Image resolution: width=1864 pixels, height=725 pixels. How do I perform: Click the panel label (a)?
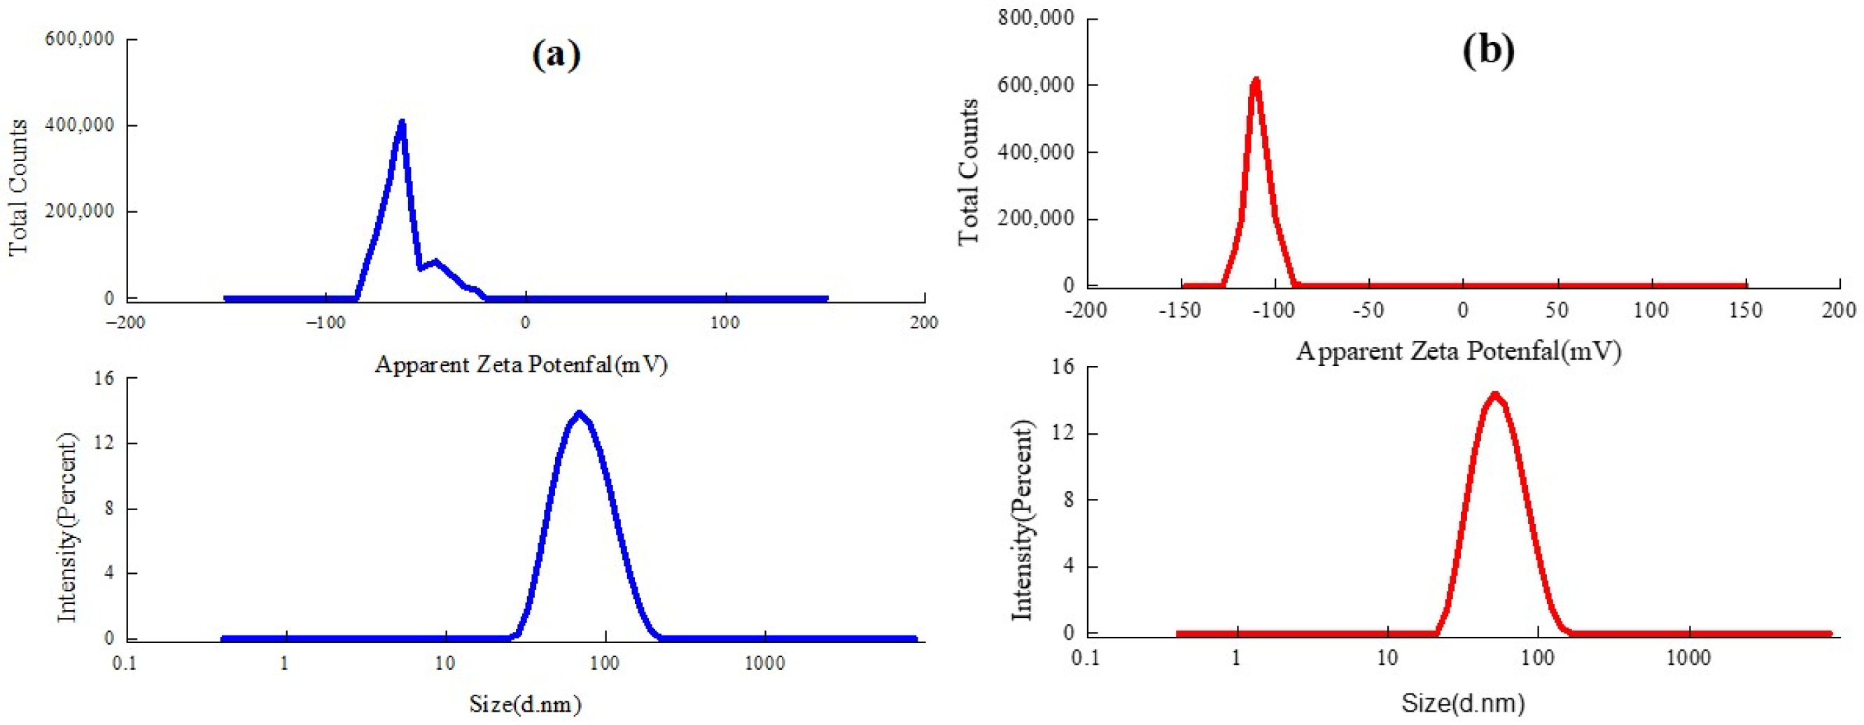556,54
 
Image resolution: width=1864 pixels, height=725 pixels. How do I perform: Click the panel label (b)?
1488,50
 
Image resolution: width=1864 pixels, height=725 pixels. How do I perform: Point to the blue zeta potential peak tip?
402,124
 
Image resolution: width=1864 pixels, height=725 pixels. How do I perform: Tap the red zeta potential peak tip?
1256,80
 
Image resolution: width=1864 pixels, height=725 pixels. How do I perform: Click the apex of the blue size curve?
578,414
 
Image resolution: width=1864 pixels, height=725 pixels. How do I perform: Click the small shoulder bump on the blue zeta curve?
435,262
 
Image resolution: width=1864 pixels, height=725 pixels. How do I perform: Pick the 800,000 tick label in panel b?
1035,17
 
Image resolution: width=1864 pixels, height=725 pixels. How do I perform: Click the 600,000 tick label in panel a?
80,38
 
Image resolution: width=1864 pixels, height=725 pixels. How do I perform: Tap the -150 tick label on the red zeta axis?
1179,311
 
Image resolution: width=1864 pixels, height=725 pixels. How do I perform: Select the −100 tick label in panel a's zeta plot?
325,323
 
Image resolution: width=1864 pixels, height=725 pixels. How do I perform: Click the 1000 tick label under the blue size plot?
764,663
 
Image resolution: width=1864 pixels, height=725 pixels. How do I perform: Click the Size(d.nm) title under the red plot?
1462,703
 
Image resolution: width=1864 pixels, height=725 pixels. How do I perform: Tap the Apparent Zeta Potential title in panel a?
520,364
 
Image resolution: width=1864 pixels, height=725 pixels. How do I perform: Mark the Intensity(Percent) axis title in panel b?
1021,521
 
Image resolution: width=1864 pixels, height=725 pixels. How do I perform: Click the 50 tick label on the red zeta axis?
1557,311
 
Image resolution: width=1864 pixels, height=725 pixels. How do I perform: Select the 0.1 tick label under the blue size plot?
125,663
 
